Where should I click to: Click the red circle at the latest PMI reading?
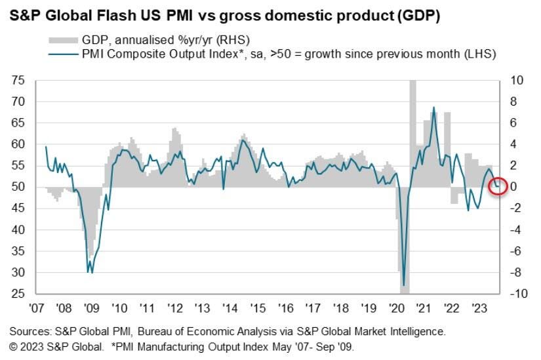point(498,187)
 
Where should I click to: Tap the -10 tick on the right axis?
point(517,294)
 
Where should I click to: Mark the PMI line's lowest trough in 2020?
point(404,284)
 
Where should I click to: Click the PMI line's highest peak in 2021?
point(433,108)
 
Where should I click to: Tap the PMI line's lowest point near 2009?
point(89,272)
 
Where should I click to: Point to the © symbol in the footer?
point(12,346)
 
